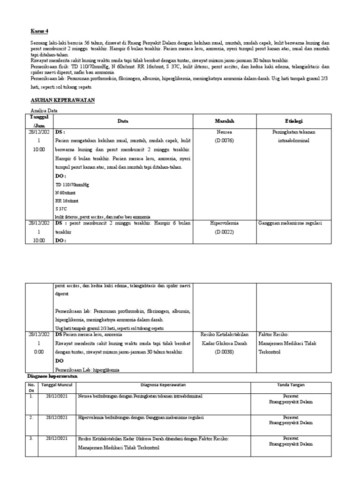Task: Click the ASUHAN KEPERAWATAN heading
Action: pyautogui.click(x=63, y=100)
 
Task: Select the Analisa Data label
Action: pyautogui.click(x=44, y=111)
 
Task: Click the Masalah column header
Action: pyautogui.click(x=224, y=121)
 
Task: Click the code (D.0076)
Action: pyautogui.click(x=224, y=140)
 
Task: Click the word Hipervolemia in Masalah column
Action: pyautogui.click(x=224, y=224)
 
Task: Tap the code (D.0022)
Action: pyautogui.click(x=224, y=232)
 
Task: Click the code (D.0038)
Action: pyautogui.click(x=224, y=352)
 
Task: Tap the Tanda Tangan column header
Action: pyautogui.click(x=291, y=385)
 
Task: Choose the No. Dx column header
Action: pyautogui.click(x=32, y=387)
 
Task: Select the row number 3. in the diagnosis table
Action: pyautogui.click(x=31, y=438)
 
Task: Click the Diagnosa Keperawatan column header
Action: pyautogui.click(x=164, y=385)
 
